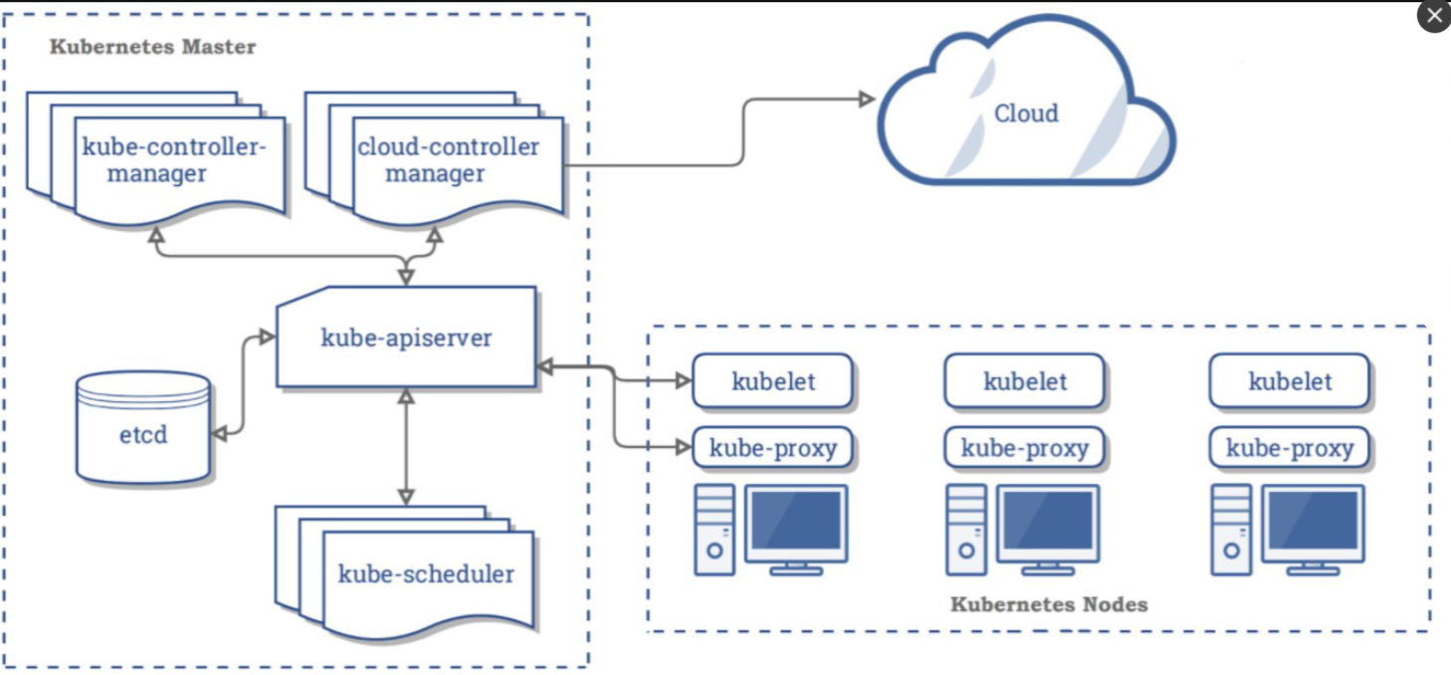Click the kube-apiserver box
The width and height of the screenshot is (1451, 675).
tap(406, 337)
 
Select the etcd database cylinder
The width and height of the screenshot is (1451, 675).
tap(144, 432)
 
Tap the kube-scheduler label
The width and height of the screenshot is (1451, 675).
tap(426, 573)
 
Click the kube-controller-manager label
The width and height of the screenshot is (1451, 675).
tap(175, 160)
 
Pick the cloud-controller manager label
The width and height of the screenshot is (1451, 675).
tap(448, 160)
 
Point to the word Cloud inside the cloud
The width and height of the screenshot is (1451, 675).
tap(1026, 112)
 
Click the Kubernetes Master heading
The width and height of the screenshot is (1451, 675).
tap(152, 47)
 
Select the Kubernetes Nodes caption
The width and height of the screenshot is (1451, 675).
tap(1049, 604)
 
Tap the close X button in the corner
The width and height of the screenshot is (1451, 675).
tap(1434, 16)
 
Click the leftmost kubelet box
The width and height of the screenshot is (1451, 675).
tap(773, 381)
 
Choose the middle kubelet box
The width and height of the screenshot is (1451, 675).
tap(1025, 381)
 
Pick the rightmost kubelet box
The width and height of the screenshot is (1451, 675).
tap(1290, 381)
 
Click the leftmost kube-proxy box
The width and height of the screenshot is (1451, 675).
tap(773, 448)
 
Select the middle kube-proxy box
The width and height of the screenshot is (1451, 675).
tap(1025, 448)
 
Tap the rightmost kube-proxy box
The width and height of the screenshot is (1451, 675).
tap(1290, 448)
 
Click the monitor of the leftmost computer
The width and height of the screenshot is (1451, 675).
tap(797, 522)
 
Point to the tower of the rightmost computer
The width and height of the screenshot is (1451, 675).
tap(1230, 530)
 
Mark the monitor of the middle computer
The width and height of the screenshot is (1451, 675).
tap(1049, 522)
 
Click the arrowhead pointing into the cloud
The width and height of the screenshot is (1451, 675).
tap(867, 99)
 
